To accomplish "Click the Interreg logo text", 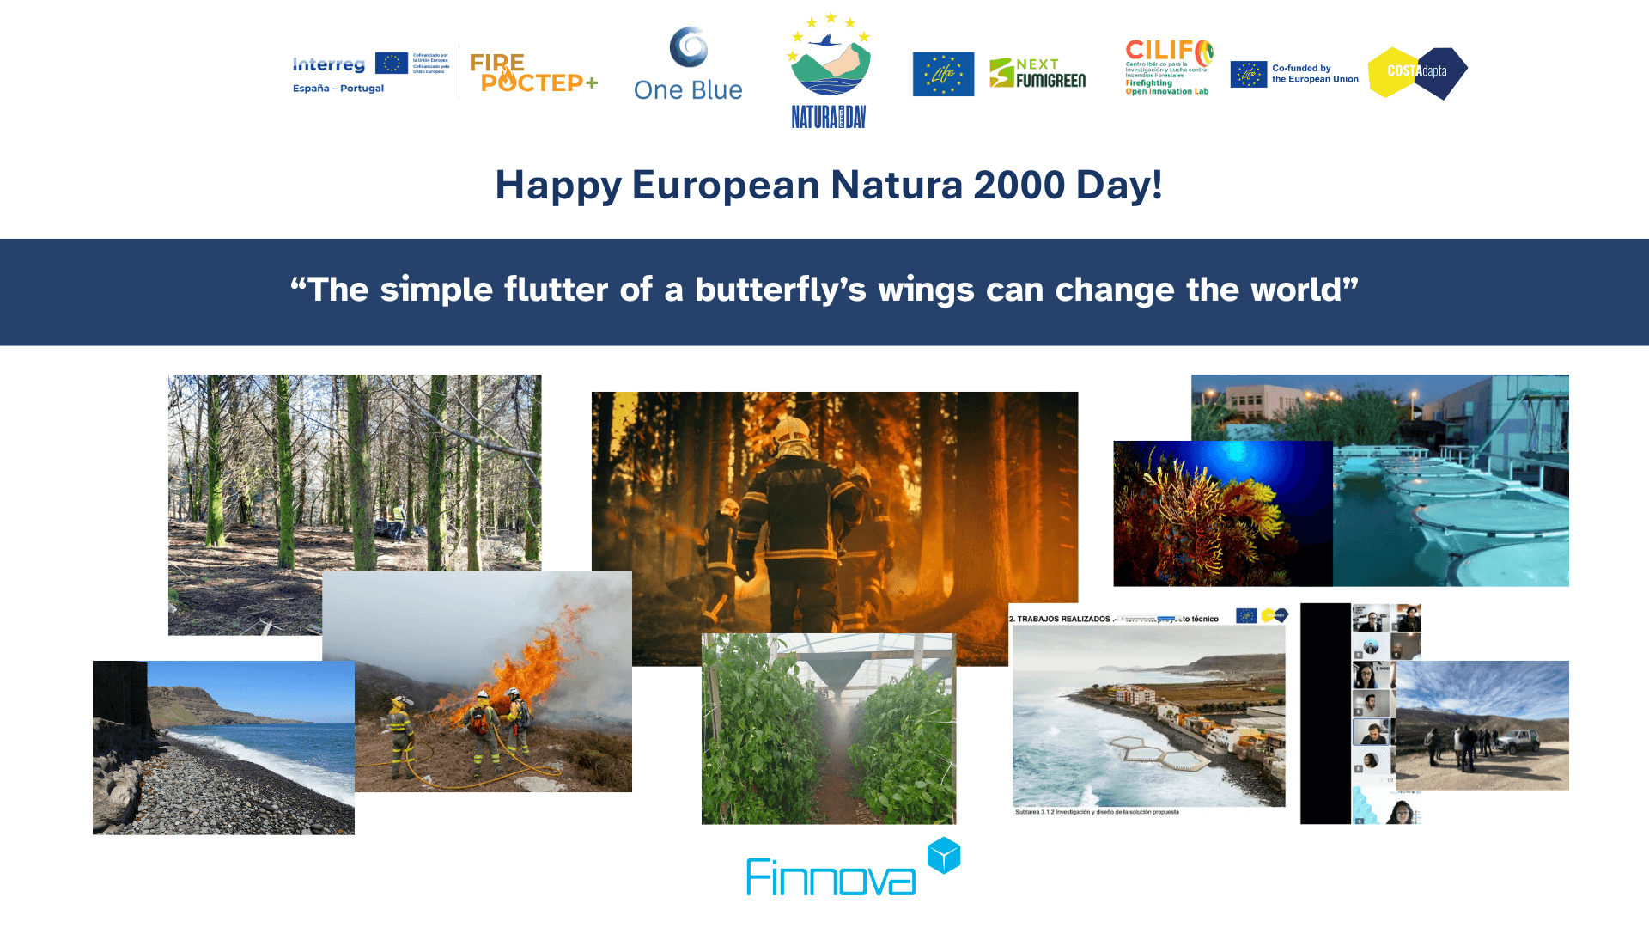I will (x=329, y=64).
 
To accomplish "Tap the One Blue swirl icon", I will (x=689, y=46).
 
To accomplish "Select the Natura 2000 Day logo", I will (x=829, y=70).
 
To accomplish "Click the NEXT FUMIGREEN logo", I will (x=1037, y=74).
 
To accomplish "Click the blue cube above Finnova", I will (x=944, y=856).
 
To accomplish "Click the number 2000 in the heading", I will (x=1019, y=185).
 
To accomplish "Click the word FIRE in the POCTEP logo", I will (x=496, y=63).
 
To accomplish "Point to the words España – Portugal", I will (x=338, y=89).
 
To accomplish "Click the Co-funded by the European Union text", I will (x=1314, y=74).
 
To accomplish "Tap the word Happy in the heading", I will (x=558, y=185).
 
